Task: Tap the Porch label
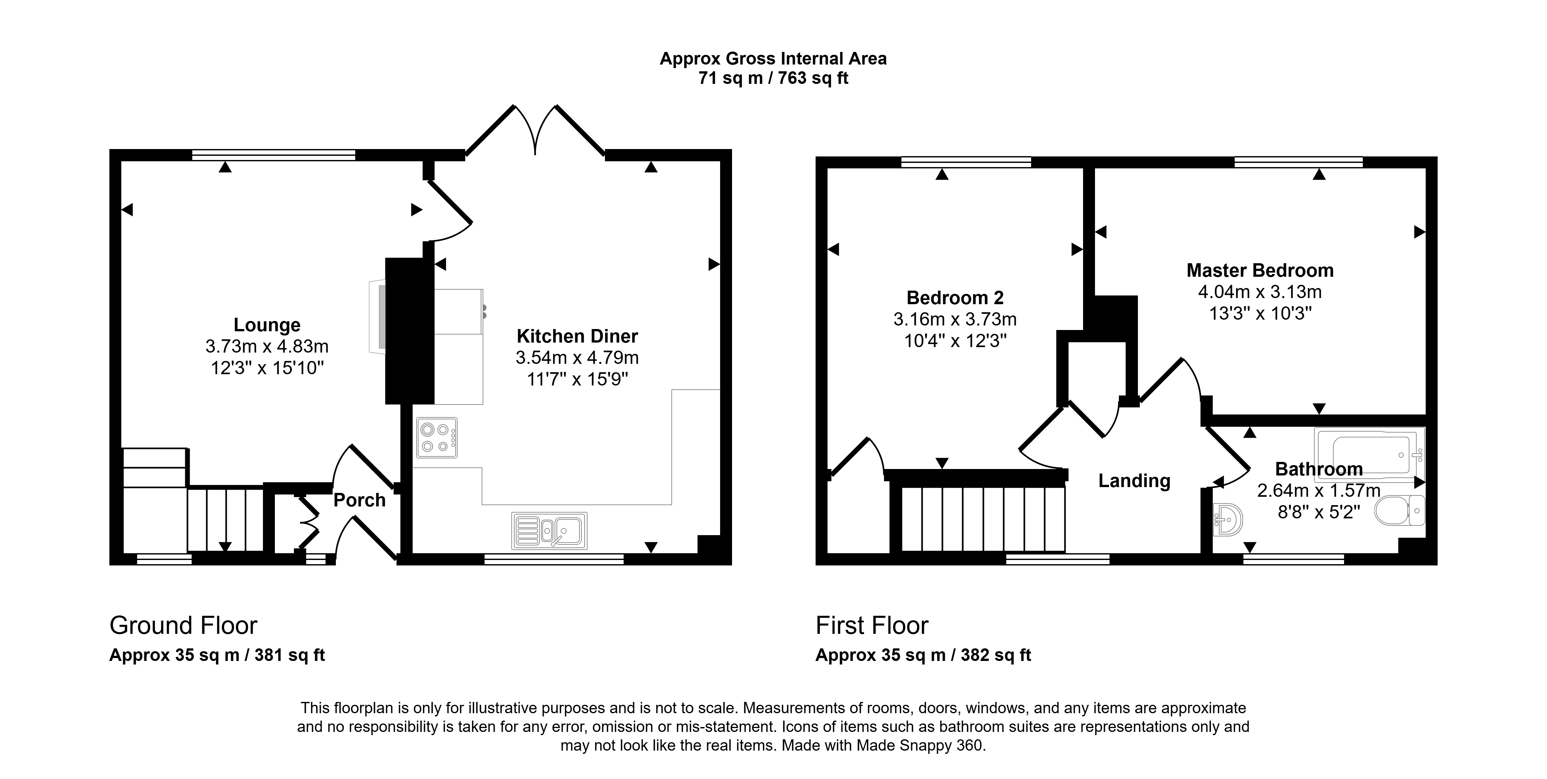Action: click(359, 500)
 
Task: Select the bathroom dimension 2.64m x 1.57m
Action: click(1319, 491)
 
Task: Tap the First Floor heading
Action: click(872, 626)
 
